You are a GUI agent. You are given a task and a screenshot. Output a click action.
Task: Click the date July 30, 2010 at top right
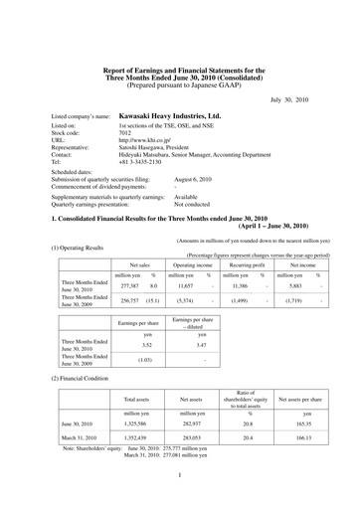pyautogui.click(x=289, y=100)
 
